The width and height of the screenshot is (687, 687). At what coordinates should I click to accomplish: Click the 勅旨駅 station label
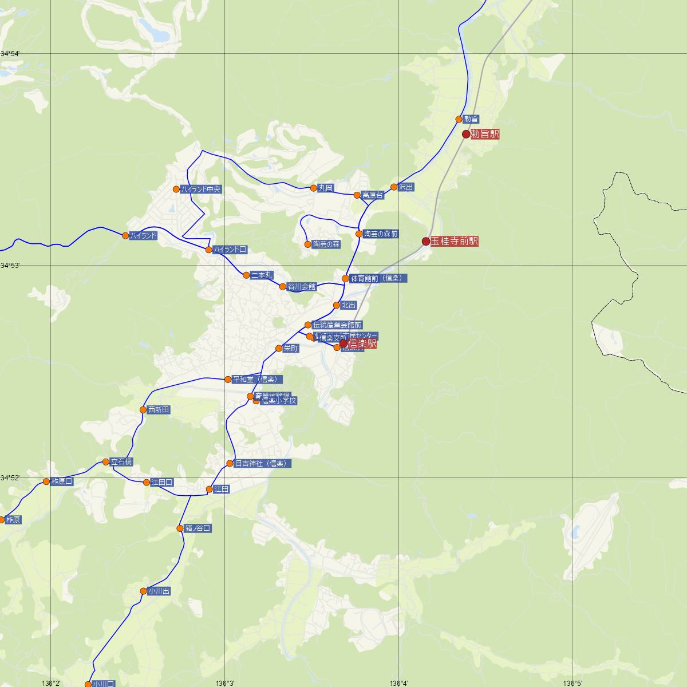[x=485, y=135]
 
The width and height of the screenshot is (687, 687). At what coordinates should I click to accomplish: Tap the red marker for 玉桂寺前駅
[x=426, y=242]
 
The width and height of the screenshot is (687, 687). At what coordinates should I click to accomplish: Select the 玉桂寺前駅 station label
[x=455, y=242]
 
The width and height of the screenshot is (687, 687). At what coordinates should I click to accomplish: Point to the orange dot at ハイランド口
[x=209, y=250]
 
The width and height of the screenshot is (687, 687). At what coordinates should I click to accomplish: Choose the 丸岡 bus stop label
[x=326, y=188]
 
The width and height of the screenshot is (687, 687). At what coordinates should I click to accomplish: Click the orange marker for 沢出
[x=394, y=187]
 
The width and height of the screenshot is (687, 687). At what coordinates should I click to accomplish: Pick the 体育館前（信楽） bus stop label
[x=378, y=279]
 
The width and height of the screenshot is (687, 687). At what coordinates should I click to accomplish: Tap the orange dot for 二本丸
[x=246, y=275]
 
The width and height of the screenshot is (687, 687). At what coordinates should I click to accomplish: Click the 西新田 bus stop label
[x=159, y=410]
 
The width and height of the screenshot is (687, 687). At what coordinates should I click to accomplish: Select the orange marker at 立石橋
[x=106, y=462]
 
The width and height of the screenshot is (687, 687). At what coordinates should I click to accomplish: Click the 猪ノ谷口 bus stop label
[x=198, y=528]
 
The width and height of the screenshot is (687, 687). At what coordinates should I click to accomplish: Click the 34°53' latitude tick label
[x=10, y=266]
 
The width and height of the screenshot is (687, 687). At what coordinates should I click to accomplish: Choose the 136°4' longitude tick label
[x=399, y=683]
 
